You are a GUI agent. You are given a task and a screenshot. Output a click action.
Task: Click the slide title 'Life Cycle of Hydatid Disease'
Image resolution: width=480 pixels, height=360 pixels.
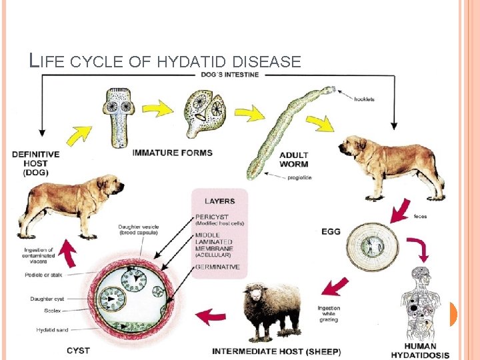pyautogui.click(x=166, y=62)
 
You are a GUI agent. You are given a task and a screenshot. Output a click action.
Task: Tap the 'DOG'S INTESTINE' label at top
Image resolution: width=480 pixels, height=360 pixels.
pyautogui.click(x=230, y=74)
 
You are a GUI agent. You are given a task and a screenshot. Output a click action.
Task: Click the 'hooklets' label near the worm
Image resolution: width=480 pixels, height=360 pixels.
pyautogui.click(x=364, y=99)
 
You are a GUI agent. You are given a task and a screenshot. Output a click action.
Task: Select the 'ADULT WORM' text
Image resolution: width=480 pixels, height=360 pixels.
pyautogui.click(x=294, y=160)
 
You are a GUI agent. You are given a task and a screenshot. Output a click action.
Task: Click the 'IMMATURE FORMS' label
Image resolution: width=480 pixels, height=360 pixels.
pyautogui.click(x=173, y=153)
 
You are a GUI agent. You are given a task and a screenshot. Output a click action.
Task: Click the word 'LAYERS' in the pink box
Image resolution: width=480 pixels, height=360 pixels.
pyautogui.click(x=219, y=201)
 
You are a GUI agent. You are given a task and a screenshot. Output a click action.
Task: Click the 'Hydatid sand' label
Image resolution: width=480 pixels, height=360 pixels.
pyautogui.click(x=51, y=330)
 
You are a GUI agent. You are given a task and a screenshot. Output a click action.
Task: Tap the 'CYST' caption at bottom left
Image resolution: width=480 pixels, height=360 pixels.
pyautogui.click(x=79, y=351)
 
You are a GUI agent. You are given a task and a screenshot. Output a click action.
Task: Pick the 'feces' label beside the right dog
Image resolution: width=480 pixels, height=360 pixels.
pyautogui.click(x=421, y=216)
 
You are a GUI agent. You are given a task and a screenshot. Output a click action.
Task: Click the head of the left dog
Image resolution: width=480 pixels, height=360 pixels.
pyautogui.click(x=110, y=185)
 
